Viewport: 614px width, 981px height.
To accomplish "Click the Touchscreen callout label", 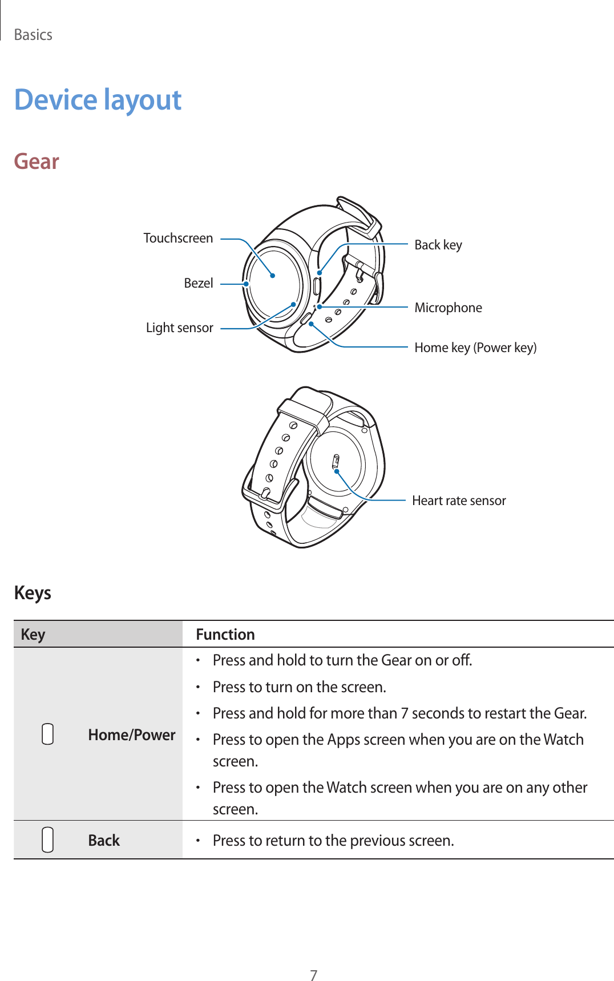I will coord(178,238).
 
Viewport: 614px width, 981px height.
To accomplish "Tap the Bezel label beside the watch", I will coord(199,283).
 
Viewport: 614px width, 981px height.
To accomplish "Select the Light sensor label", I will coord(179,328).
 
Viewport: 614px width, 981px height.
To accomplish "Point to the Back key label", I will coord(438,245).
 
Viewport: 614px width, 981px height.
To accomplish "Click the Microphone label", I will coord(448,308).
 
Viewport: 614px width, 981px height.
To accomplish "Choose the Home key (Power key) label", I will coord(475,348).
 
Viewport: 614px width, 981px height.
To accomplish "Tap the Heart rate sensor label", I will coord(459,500).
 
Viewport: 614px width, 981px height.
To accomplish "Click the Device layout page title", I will coord(98,100).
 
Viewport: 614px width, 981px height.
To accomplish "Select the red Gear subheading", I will coord(37,162).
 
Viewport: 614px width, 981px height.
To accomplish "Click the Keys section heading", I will coord(33,593).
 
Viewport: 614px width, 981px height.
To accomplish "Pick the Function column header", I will coord(225,635).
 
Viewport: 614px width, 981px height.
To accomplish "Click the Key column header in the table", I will coord(33,635).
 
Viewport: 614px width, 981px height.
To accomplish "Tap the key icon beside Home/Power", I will coord(48,734).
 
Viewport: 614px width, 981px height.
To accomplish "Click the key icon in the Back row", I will coord(48,840).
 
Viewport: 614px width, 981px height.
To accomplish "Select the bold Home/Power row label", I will coord(131,734).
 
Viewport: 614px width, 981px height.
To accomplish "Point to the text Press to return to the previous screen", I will coord(333,841).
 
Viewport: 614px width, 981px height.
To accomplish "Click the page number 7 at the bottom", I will coord(313,975).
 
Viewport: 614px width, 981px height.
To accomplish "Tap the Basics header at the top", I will coord(33,35).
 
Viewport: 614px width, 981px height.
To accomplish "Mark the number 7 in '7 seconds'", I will coord(404,713).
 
